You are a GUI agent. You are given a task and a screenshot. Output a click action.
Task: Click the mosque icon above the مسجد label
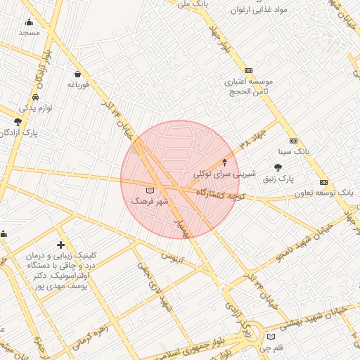29,22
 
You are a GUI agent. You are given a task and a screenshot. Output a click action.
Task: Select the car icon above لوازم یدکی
35,98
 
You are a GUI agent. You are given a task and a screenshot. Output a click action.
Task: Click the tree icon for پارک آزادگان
17,122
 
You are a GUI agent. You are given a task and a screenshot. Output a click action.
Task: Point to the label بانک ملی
193,5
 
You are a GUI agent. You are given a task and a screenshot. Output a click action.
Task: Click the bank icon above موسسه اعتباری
248,71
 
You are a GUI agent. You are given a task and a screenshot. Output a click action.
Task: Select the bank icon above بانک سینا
293,141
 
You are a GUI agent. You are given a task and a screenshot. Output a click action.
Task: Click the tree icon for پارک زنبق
278,167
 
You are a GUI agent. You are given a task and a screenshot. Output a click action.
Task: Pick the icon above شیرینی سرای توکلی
225,162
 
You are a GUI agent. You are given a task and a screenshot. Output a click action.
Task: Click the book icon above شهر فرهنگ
149,191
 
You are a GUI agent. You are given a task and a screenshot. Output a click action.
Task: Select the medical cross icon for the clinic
61,245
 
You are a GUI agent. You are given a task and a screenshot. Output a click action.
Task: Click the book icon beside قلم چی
271,337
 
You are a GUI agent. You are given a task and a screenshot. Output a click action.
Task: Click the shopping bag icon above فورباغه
77,74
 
